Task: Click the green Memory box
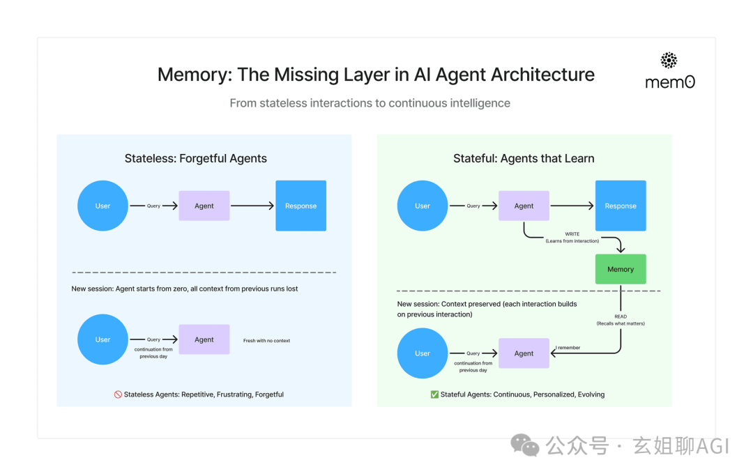point(620,269)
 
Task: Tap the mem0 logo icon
point(669,61)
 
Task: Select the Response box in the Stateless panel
point(301,206)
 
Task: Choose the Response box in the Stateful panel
point(620,206)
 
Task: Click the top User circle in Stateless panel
point(102,206)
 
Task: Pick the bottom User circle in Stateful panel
point(423,353)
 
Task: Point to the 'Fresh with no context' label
point(266,341)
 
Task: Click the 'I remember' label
point(568,348)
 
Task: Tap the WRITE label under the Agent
point(572,234)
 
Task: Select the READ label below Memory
point(620,316)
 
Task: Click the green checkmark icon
point(434,394)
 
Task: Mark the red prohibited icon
point(118,394)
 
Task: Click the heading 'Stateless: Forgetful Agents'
point(196,158)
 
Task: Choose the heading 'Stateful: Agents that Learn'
point(524,158)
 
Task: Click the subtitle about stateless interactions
point(370,103)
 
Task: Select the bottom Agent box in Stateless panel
point(204,339)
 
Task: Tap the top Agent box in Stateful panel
point(524,206)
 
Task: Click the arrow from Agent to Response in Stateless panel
point(252,206)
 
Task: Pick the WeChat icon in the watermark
point(524,445)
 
